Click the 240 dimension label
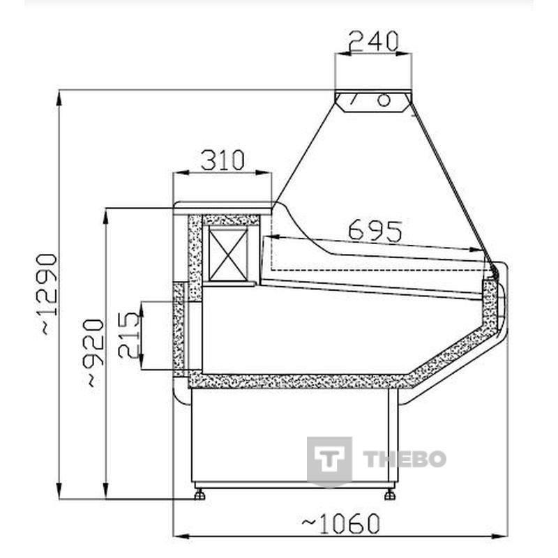coord(373,41)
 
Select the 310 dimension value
coord(223,160)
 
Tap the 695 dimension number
coord(375,232)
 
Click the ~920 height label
coord(94,353)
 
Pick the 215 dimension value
coord(128,335)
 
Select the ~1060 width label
coord(341,524)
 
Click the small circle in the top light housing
coord(384,100)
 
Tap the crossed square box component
coord(228,254)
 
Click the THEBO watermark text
coord(405,459)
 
